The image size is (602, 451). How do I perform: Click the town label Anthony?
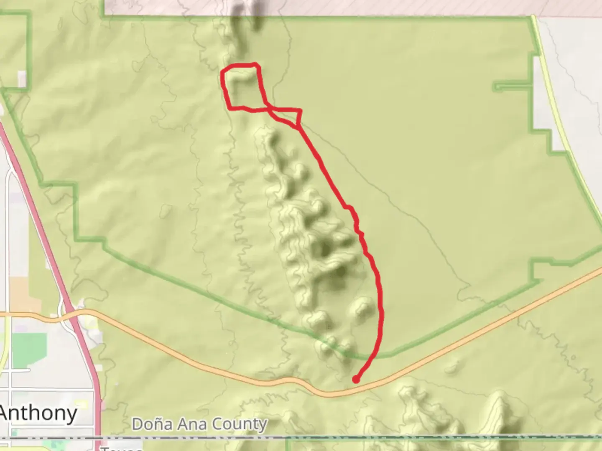(x=38, y=413)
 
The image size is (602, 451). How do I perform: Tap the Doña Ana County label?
(x=199, y=424)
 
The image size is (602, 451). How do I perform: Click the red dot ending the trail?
(x=355, y=380)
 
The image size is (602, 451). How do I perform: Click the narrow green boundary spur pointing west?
(x=512, y=87)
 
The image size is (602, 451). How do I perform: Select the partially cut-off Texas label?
(x=121, y=448)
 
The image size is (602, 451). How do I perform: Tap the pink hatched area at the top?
(x=376, y=7)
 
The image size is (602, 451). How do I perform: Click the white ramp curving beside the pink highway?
(x=63, y=307)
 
